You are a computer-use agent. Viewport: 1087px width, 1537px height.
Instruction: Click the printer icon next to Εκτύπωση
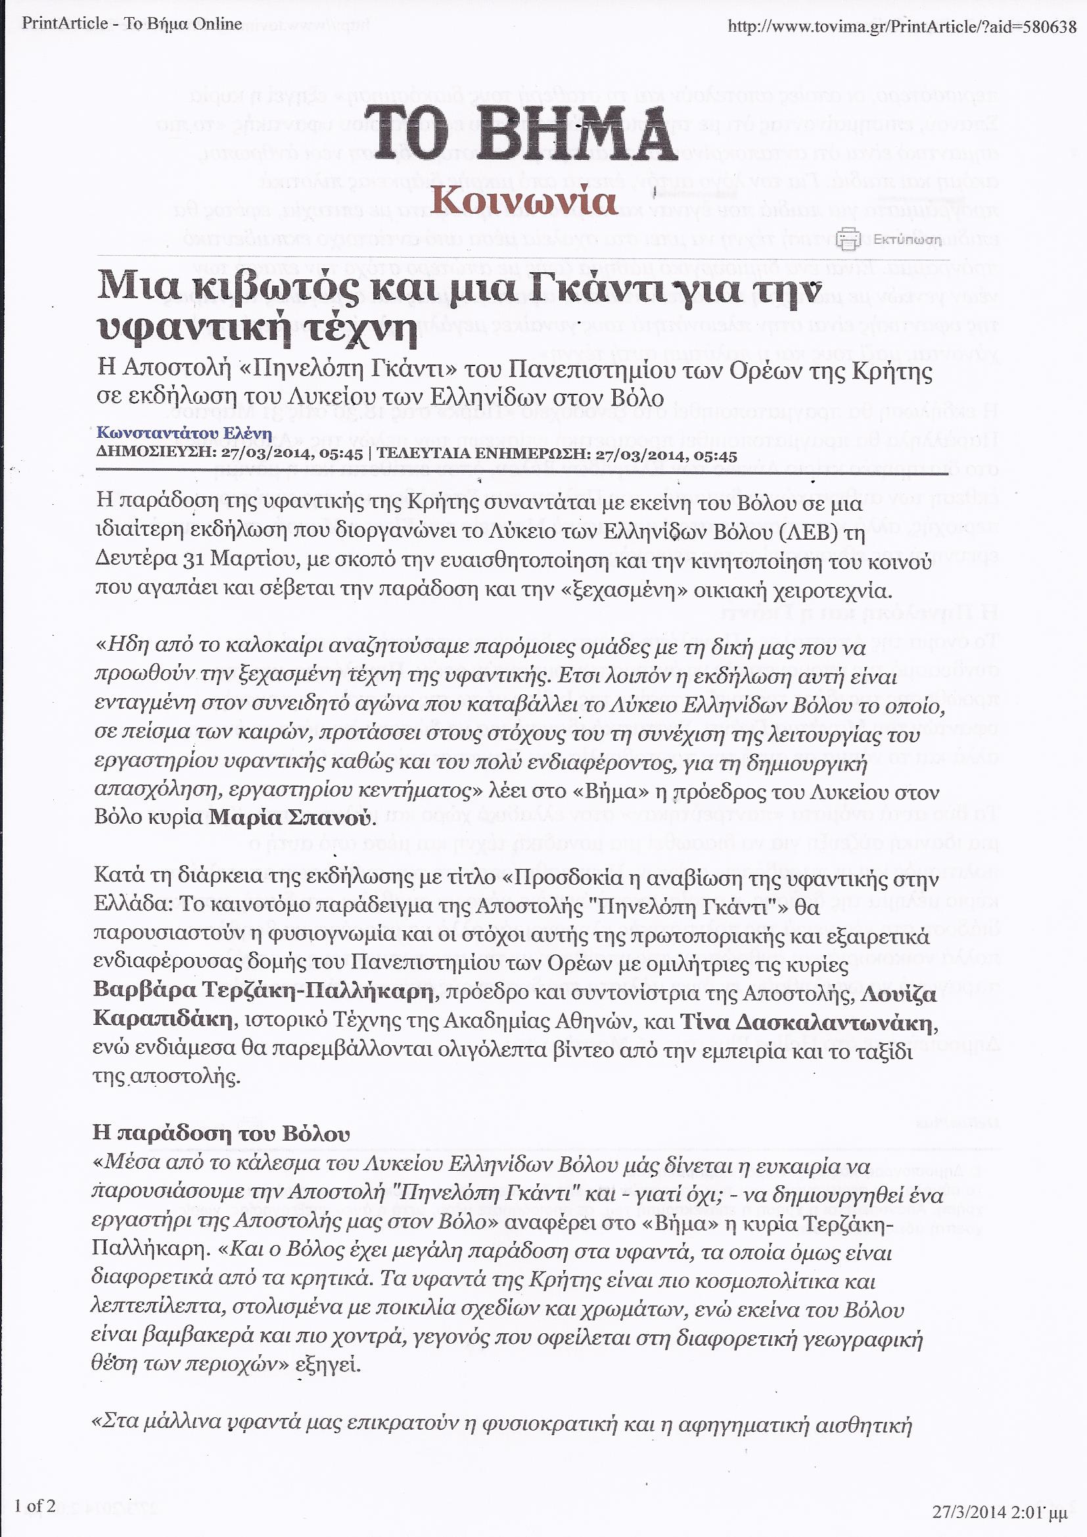coord(848,239)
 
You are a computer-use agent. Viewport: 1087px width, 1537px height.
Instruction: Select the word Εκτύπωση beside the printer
coord(907,240)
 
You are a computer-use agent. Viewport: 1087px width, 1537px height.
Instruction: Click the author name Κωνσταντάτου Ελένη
coord(184,433)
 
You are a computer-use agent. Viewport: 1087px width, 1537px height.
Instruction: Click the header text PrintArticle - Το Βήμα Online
coord(132,24)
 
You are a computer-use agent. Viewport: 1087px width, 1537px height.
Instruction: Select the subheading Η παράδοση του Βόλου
coord(221,1133)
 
